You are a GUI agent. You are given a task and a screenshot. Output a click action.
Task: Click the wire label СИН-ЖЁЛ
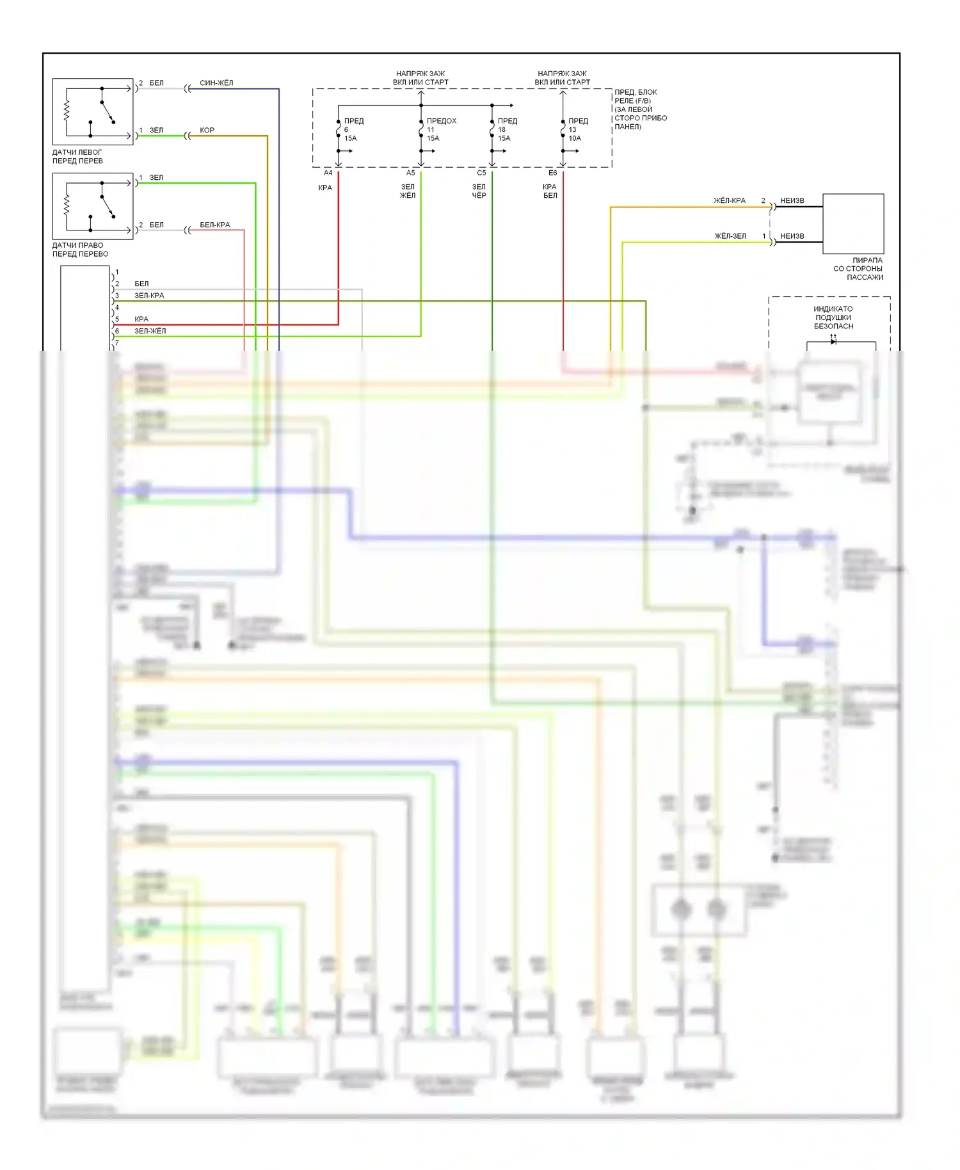click(216, 83)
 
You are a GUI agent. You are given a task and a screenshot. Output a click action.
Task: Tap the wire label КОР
click(207, 131)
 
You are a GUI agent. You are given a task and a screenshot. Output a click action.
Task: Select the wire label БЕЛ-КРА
click(214, 225)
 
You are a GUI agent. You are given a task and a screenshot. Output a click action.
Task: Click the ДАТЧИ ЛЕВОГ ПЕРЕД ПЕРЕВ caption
click(77, 157)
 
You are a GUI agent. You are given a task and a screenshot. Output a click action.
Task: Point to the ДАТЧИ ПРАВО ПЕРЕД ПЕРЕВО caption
click(80, 250)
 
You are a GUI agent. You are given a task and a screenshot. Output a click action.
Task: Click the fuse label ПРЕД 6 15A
click(353, 129)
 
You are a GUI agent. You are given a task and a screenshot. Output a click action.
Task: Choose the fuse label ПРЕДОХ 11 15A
click(441, 129)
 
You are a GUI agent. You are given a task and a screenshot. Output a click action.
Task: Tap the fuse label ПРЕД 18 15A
click(507, 129)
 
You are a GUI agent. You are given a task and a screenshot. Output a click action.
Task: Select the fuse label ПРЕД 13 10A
click(577, 129)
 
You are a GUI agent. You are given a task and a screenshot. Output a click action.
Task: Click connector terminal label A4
click(328, 173)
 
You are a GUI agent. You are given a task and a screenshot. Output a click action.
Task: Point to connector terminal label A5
click(410, 173)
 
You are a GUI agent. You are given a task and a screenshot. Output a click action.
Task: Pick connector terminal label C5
click(481, 173)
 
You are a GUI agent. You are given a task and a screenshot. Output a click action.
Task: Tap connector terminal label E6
click(552, 173)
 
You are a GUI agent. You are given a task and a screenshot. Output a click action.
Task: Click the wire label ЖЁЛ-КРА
click(730, 201)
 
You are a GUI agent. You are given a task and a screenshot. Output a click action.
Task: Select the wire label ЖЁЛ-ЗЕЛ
click(730, 236)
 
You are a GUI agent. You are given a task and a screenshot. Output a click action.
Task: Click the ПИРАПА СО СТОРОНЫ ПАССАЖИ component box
click(852, 223)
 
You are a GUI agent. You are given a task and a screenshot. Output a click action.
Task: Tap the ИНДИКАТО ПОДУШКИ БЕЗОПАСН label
click(833, 317)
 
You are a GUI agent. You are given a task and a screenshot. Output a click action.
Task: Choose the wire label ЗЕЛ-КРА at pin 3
click(149, 296)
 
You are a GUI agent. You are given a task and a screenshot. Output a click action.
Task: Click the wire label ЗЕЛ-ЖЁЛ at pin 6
click(150, 332)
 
